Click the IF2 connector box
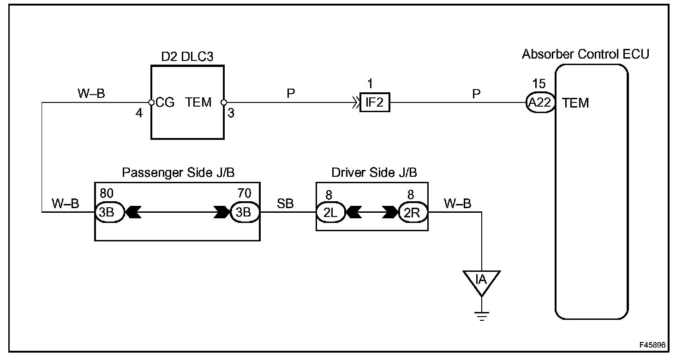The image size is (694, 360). pos(375,102)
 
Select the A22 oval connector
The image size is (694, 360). pos(540,102)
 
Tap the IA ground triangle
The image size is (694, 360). pos(481,282)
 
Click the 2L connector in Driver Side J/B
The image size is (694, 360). pos(330,212)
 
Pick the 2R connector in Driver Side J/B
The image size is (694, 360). pos(413,212)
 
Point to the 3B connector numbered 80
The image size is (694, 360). pos(109,212)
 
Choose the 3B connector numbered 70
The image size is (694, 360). pos(245,212)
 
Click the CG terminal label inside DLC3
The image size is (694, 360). pos(165,102)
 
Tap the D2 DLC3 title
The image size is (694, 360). pos(187,56)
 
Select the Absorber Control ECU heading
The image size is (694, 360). pos(585,54)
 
